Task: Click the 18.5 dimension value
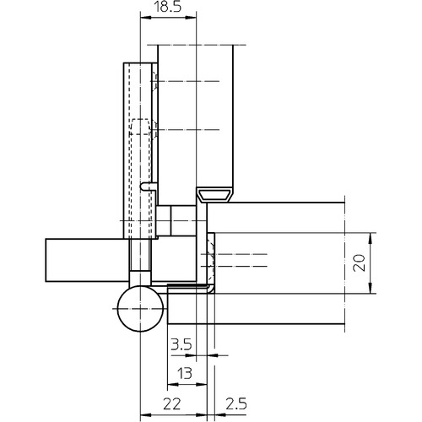click(168, 8)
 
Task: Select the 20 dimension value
click(360, 262)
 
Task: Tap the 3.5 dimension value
click(181, 344)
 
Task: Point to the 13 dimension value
click(185, 373)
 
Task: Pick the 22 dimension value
click(172, 404)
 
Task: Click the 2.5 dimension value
click(236, 404)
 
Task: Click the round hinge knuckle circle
click(140, 309)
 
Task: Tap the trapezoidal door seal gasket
click(214, 195)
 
